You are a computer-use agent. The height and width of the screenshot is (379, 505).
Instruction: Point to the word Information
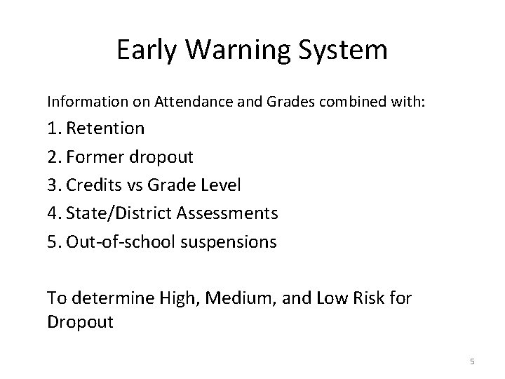point(78,101)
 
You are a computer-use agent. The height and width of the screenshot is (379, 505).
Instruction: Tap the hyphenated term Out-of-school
point(120,242)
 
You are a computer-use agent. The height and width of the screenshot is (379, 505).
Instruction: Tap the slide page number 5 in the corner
point(471,361)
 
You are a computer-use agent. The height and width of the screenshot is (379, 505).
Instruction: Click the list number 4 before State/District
point(53,213)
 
